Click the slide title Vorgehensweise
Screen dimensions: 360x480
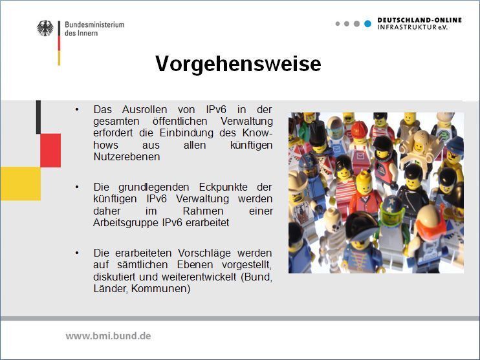tap(238, 64)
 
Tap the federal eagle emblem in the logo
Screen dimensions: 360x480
tap(45, 28)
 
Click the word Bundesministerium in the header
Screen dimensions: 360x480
tap(94, 25)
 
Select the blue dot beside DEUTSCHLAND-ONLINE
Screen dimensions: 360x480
tap(367, 24)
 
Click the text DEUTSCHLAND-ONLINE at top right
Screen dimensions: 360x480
tap(419, 20)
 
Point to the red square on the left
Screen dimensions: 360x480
tap(50, 150)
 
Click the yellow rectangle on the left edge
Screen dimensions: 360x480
tap(20, 184)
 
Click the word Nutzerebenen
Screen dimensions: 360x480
tap(126, 156)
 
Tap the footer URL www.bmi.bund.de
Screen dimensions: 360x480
tap(108, 336)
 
